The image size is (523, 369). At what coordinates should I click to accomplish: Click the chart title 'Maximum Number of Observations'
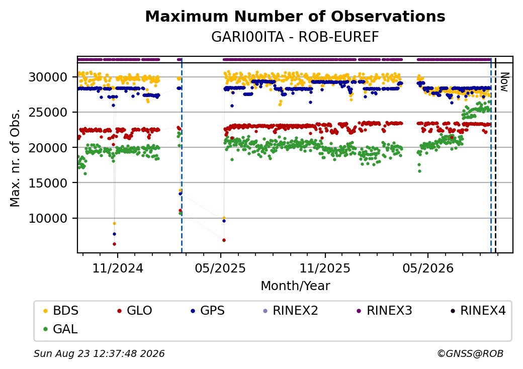point(295,16)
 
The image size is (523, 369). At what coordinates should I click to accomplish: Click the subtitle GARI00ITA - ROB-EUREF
point(295,37)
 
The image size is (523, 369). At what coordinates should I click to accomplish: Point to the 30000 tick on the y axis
point(48,77)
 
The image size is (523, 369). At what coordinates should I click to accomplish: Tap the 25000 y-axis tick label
point(48,112)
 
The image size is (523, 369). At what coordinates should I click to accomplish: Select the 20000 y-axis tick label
point(48,147)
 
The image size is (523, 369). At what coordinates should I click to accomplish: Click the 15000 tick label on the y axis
point(48,182)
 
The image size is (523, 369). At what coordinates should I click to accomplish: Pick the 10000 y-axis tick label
point(48,218)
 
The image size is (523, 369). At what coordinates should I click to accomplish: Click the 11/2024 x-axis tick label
point(117,268)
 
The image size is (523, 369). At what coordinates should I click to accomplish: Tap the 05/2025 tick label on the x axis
point(220,268)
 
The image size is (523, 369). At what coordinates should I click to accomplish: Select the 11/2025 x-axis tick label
point(325,268)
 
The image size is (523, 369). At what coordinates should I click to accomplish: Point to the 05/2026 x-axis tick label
point(428,268)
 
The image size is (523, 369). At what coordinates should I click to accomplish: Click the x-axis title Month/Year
point(295,286)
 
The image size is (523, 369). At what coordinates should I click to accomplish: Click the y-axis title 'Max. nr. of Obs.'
point(15,158)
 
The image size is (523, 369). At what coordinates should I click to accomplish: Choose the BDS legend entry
point(61,310)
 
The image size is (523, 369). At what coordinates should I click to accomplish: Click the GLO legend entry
point(135,310)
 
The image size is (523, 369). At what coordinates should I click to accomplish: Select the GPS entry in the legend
point(208,310)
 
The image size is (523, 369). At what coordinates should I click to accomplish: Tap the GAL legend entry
point(61,329)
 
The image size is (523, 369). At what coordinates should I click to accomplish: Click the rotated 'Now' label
point(505,82)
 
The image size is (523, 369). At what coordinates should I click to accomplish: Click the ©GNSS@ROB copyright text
point(470,353)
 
